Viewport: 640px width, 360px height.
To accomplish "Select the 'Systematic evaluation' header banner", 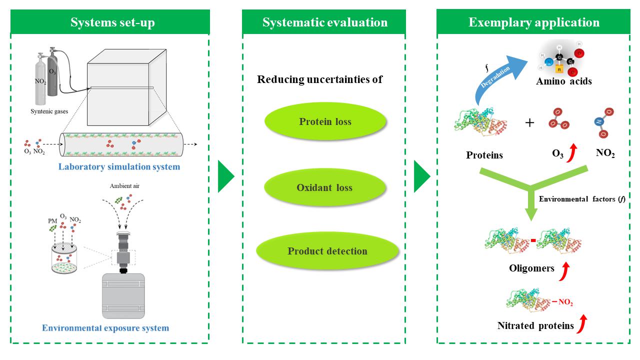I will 324,22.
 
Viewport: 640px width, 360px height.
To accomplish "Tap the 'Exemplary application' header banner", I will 533,22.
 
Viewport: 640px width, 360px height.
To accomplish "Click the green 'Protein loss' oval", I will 325,121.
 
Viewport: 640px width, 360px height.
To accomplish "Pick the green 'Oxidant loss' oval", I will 325,188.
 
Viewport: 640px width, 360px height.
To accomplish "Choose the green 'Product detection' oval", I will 327,251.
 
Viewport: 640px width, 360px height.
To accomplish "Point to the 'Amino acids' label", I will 563,81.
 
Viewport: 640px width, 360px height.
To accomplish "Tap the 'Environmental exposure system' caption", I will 105,328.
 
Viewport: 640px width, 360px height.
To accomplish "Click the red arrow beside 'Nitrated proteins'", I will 581,325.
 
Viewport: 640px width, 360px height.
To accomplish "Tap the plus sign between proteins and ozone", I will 530,122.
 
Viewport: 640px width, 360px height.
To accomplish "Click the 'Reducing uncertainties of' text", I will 319,79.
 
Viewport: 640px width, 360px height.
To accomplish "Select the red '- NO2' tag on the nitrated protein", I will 562,302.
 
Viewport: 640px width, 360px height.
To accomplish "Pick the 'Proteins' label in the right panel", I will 484,155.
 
